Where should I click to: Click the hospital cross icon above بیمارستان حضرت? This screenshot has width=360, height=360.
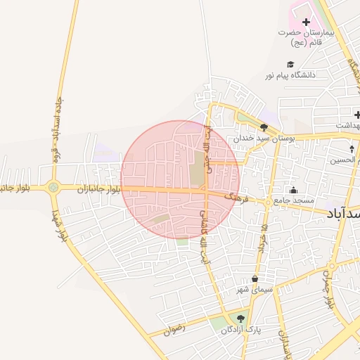click(x=306, y=22)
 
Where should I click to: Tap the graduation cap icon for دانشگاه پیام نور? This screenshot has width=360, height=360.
click(x=291, y=63)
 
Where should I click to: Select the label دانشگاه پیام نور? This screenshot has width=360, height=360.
click(x=291, y=74)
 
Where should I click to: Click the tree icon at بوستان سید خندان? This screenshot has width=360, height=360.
click(x=264, y=127)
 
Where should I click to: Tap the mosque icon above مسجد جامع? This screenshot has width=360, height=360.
click(x=293, y=190)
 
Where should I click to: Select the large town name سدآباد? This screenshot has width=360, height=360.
click(x=344, y=212)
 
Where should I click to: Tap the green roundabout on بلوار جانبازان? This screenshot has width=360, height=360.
click(x=53, y=187)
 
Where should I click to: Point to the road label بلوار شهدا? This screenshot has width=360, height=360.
click(x=62, y=226)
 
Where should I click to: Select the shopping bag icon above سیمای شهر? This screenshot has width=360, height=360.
click(x=254, y=278)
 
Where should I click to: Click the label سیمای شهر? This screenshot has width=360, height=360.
click(x=254, y=290)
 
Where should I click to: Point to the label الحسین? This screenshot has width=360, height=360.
click(x=347, y=160)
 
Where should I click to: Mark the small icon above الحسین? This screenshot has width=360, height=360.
click(x=352, y=149)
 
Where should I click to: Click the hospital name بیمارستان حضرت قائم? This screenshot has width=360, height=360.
click(x=307, y=37)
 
